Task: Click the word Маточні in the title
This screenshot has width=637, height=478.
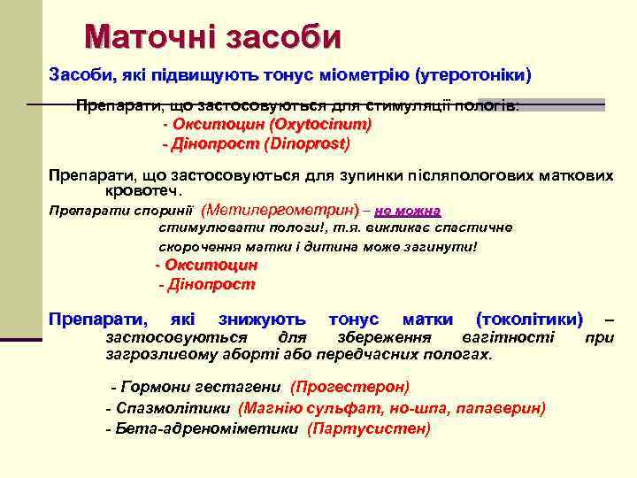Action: [x=150, y=37]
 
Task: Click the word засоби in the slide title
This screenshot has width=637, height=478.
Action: [x=283, y=37]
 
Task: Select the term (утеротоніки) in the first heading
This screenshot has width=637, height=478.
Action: [x=474, y=74]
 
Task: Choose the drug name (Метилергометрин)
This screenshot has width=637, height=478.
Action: [x=280, y=212]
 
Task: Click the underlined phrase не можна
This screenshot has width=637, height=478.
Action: [x=408, y=212]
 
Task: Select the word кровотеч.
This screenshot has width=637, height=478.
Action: [x=143, y=190]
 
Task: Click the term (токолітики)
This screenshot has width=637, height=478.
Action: [x=529, y=319]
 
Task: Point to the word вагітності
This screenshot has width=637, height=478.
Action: [x=508, y=337]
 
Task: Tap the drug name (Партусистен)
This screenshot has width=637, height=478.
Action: [x=369, y=429]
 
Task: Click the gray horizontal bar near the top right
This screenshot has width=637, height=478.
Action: [x=541, y=104]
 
